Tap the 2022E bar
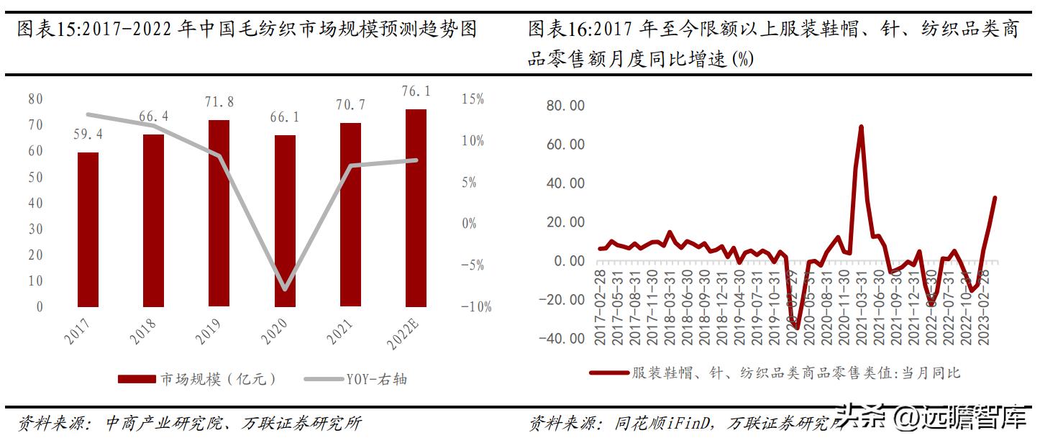tap(416, 208)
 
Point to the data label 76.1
tap(416, 91)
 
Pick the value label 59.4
tap(88, 134)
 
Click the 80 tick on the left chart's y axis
tap(35, 99)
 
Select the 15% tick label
tap(473, 99)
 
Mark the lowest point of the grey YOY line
tap(286, 290)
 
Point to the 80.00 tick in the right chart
tap(566, 106)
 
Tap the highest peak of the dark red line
tap(861, 127)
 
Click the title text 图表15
tap(49, 30)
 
